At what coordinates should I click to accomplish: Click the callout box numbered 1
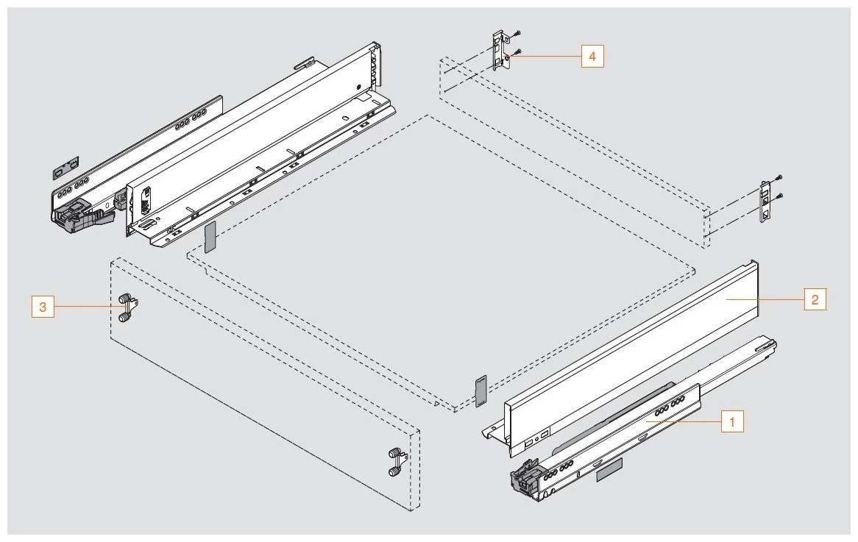(x=732, y=422)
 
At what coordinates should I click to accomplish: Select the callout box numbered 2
(x=815, y=299)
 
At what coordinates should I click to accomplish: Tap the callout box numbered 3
(x=43, y=306)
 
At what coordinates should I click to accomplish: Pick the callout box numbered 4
(x=592, y=56)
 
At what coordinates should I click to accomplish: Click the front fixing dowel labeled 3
(x=126, y=308)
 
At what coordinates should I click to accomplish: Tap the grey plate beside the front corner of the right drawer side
(x=481, y=391)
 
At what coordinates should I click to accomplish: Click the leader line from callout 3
(x=81, y=306)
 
